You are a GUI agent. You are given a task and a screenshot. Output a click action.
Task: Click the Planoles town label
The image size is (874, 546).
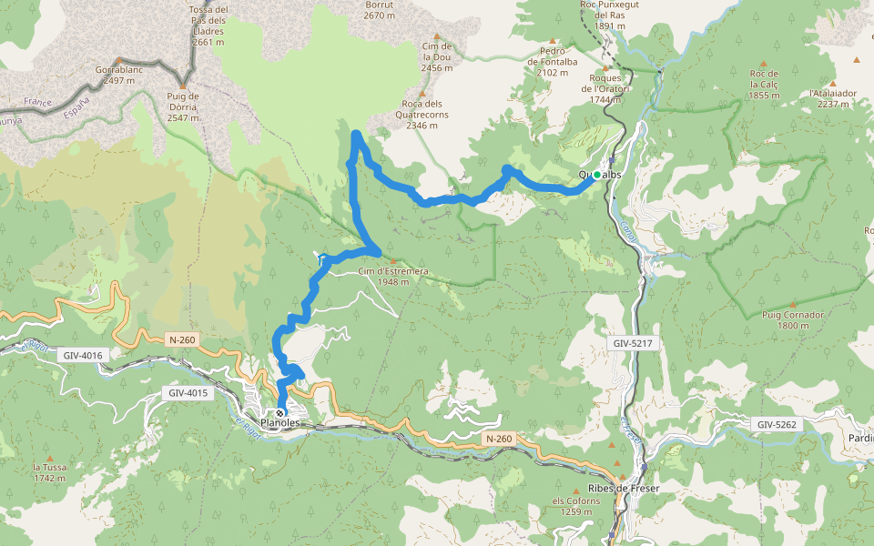[279, 423]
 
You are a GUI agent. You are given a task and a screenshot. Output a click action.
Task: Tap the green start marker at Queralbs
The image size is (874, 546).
[597, 175]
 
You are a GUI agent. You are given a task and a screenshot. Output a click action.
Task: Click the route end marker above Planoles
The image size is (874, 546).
[279, 413]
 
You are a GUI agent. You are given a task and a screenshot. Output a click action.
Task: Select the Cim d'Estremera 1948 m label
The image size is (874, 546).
[393, 276]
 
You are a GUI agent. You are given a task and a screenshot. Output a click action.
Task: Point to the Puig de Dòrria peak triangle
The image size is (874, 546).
[183, 87]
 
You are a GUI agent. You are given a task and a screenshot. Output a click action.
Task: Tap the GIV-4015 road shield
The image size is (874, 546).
[188, 394]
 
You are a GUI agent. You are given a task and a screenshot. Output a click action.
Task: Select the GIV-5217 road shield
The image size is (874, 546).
[633, 344]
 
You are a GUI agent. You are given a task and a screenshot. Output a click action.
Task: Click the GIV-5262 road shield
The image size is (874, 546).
[776, 424]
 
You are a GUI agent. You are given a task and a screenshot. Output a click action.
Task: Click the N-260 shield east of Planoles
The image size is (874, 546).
[499, 440]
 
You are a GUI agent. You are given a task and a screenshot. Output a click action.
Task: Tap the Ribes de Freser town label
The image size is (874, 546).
[624, 489]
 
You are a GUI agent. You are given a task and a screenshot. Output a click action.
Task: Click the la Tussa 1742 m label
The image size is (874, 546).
[49, 472]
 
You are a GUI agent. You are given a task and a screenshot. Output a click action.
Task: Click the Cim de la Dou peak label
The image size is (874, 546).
[437, 56]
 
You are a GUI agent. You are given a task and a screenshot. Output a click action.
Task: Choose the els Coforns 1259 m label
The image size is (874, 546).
[572, 506]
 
